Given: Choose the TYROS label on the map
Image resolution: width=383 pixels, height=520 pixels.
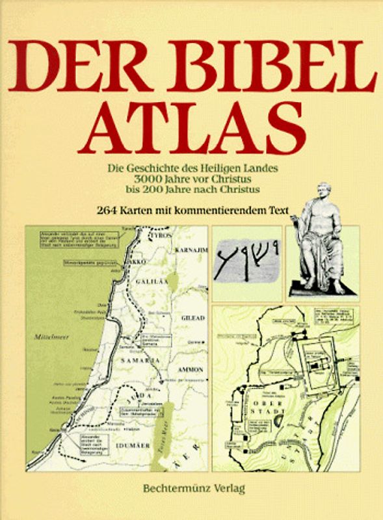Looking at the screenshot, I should click(x=162, y=235).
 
